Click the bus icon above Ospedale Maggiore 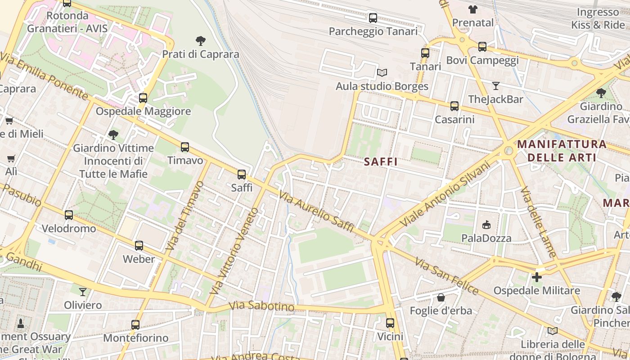click(x=143, y=98)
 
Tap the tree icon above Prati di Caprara click(x=201, y=41)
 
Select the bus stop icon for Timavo click(x=185, y=147)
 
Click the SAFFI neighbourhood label click(x=381, y=162)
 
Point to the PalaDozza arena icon click(x=486, y=225)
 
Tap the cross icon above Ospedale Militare click(x=536, y=277)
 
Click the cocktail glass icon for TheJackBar click(x=495, y=85)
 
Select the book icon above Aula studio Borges click(x=382, y=72)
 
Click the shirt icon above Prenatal click(x=472, y=9)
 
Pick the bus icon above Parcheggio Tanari click(x=373, y=18)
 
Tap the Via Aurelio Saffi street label click(x=316, y=211)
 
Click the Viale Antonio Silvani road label click(x=445, y=194)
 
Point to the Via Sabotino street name click(x=261, y=306)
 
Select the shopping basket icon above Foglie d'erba click(x=441, y=297)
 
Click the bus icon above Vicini click(x=390, y=323)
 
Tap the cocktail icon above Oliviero click(x=83, y=292)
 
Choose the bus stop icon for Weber click(x=139, y=246)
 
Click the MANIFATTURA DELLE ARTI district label click(x=562, y=151)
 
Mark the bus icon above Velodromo click(x=69, y=215)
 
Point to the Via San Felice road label click(x=446, y=276)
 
